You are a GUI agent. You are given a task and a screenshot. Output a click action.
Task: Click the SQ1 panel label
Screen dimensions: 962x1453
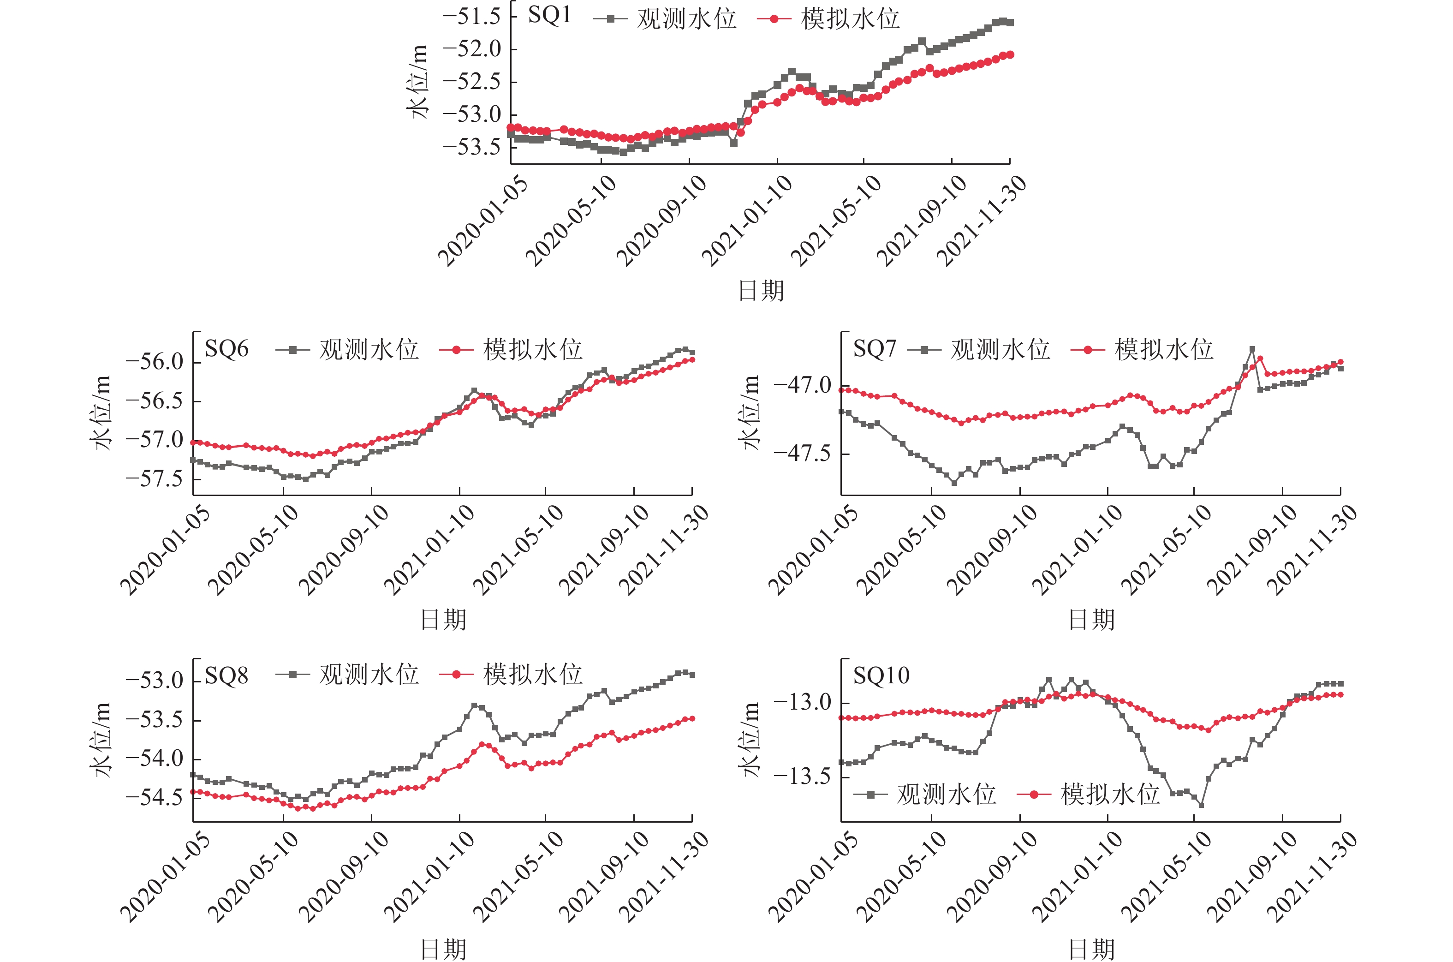[x=549, y=15]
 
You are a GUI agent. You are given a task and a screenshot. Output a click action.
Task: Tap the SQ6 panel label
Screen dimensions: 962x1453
[x=226, y=349]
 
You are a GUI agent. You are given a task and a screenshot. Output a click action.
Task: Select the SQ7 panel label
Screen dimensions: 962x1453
[x=875, y=349]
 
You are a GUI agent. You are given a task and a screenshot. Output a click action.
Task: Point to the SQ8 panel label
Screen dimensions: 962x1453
[x=226, y=676]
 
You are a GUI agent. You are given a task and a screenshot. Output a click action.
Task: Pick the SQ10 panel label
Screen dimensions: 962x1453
[x=881, y=676]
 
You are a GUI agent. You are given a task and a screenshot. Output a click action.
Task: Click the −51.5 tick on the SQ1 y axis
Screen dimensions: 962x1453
[x=472, y=17]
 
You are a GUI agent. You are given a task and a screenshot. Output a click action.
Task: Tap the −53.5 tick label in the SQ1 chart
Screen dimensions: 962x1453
[x=472, y=147]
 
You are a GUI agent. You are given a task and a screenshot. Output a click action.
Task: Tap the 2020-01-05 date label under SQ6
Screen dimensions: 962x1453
[x=164, y=550]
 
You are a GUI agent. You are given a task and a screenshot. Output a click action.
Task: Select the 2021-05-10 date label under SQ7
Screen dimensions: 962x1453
[x=1166, y=550]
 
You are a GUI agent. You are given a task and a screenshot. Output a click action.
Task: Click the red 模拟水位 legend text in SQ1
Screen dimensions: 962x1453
[x=850, y=19]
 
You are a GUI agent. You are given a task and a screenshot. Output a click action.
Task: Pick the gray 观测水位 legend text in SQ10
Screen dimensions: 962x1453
[x=946, y=795]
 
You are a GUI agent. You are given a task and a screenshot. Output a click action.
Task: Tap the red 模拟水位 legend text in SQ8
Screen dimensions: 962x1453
[x=532, y=675]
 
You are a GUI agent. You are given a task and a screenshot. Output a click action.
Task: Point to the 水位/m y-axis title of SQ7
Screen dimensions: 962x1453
[x=750, y=412]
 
